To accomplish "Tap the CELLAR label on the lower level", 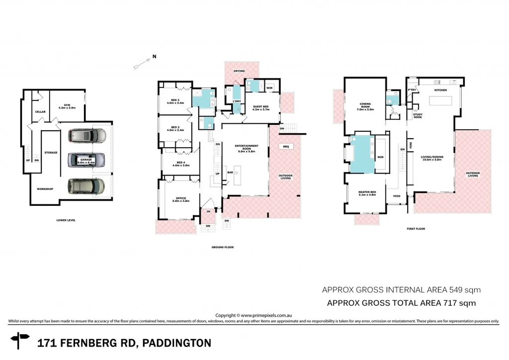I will coord(40,112).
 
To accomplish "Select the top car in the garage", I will coord(87,135).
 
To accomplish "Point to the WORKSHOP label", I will coord(45,189).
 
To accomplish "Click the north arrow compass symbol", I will coord(144,63).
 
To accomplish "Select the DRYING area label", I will coord(240,71).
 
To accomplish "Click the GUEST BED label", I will coord(260,107).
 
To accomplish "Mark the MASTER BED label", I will coord(367,193).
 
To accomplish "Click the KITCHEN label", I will coord(440,90).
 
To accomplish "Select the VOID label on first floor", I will coord(397,195).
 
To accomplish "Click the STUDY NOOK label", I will coord(418,115).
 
